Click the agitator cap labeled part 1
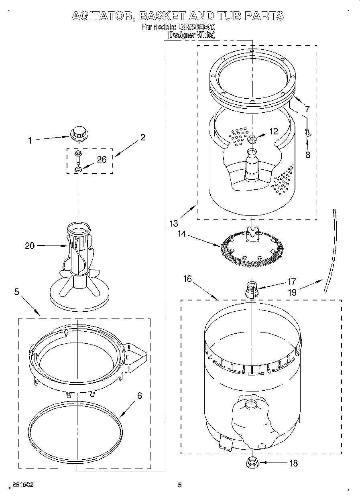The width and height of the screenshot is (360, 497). pos(78,132)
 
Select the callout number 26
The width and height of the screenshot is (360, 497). pos(102,160)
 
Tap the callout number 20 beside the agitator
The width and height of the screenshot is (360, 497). pos(30,246)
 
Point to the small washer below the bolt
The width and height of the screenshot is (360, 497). pos(78,169)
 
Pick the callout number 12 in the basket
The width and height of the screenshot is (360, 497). pos(273,131)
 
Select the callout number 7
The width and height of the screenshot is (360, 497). pos(307,109)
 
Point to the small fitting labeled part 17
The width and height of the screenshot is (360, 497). pos(251,289)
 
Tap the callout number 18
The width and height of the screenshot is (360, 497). pos(293,463)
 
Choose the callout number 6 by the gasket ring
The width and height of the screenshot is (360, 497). pos(139,396)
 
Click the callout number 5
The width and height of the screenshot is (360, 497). pos(16,292)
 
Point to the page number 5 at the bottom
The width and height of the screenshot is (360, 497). pos(180,485)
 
